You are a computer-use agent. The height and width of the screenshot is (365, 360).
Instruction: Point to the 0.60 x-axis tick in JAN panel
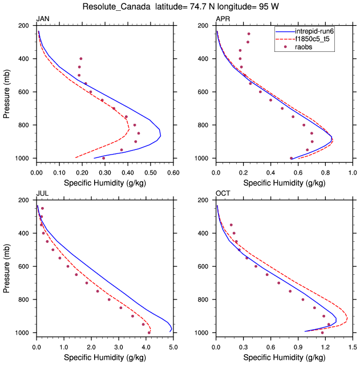(x=173, y=171)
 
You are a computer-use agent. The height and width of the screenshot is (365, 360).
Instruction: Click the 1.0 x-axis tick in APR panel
(x=352, y=171)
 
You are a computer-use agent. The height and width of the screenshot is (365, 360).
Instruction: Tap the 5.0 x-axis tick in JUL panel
(x=173, y=345)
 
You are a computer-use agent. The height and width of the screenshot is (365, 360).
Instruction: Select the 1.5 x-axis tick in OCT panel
(x=352, y=345)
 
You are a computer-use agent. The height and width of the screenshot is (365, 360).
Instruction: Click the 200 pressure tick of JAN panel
(x=24, y=26)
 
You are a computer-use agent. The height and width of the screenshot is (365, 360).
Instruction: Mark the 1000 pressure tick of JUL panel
(x=22, y=332)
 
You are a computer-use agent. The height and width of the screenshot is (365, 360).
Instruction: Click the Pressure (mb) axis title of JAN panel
(x=7, y=92)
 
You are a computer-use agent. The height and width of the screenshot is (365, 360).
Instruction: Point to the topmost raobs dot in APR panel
(x=248, y=34)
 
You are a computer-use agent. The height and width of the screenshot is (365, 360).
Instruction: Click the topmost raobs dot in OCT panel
(x=231, y=225)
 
